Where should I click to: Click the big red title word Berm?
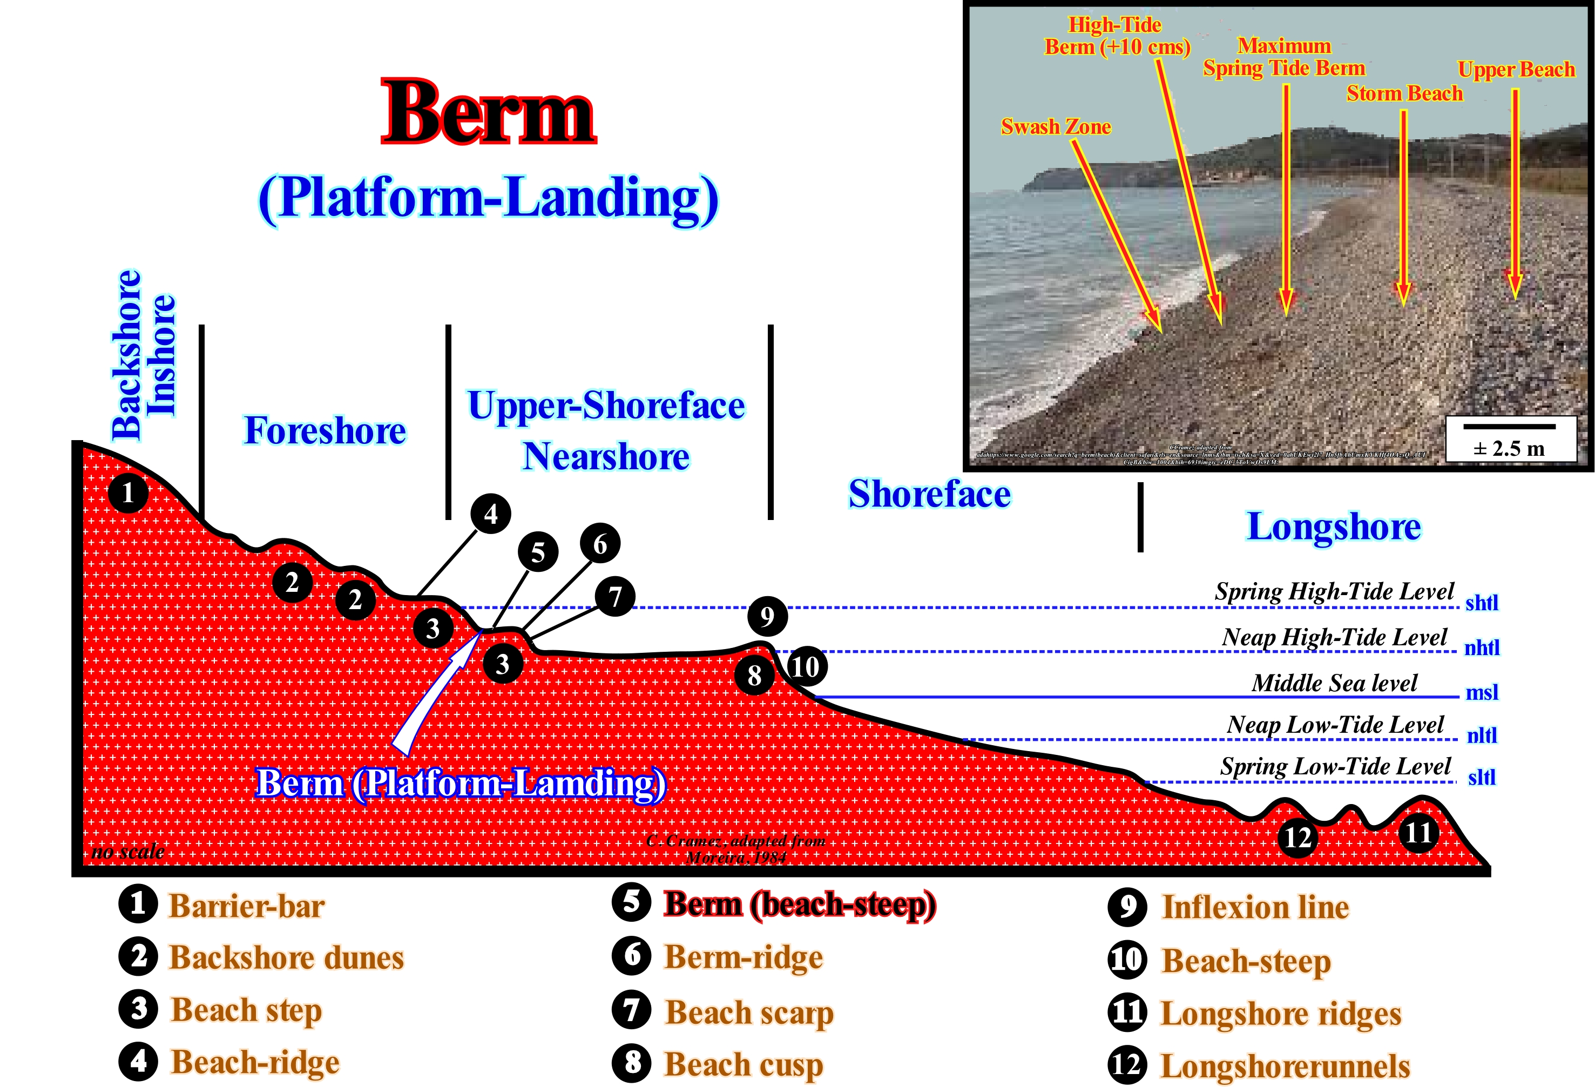(488, 113)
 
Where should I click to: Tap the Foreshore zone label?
(325, 431)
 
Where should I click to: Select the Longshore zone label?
(1334, 527)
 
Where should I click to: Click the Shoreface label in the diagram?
(929, 494)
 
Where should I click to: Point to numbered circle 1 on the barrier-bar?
(127, 492)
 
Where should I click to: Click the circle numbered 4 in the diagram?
(491, 514)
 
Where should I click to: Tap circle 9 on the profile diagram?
(767, 616)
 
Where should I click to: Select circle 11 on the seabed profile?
(1418, 833)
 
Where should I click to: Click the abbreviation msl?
(1482, 692)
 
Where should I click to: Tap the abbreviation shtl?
(1482, 603)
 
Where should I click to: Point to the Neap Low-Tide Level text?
(1335, 725)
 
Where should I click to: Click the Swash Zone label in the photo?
(1056, 127)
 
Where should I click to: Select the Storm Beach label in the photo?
(1404, 93)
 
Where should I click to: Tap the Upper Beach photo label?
(1516, 69)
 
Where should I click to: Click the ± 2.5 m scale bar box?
(1509, 439)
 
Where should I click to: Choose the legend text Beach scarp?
(749, 1013)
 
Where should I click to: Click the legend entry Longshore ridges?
(1280, 1014)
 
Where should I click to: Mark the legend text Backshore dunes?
(286, 958)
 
